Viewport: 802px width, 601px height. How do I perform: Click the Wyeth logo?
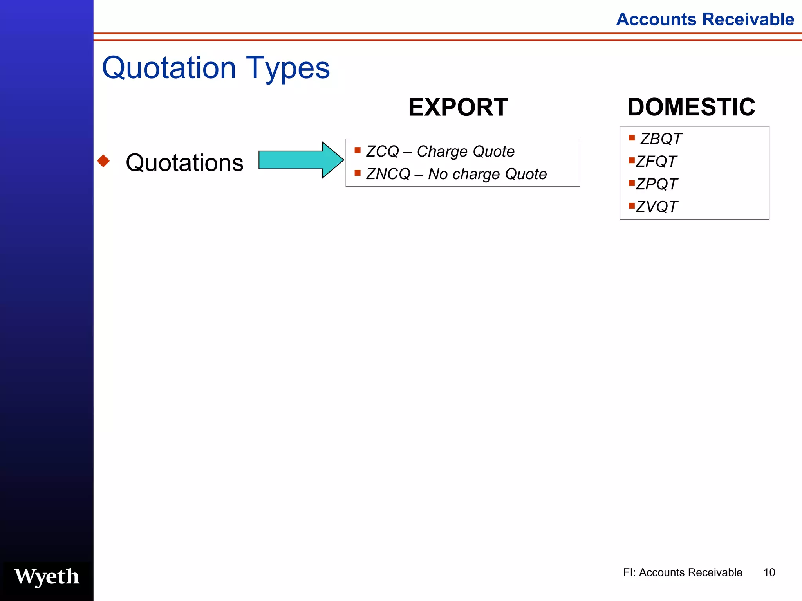47,577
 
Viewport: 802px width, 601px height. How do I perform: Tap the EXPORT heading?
458,107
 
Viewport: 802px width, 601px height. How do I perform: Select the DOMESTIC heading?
691,107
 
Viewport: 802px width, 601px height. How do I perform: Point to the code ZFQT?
656,162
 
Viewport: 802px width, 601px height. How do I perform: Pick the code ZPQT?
657,184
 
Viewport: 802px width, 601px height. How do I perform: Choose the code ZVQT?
657,207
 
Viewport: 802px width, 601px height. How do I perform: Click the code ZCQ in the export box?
382,151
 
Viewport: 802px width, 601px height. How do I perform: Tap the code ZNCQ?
388,174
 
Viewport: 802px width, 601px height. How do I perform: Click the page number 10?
769,572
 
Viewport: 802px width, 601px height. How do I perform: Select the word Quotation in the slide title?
169,68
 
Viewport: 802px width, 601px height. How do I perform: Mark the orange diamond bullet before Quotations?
103,161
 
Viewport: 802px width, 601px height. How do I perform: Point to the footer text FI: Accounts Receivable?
683,572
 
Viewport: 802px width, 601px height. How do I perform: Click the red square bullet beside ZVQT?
631,205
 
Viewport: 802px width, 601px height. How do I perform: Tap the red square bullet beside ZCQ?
357,150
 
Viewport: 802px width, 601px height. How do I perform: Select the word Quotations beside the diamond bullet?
184,162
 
